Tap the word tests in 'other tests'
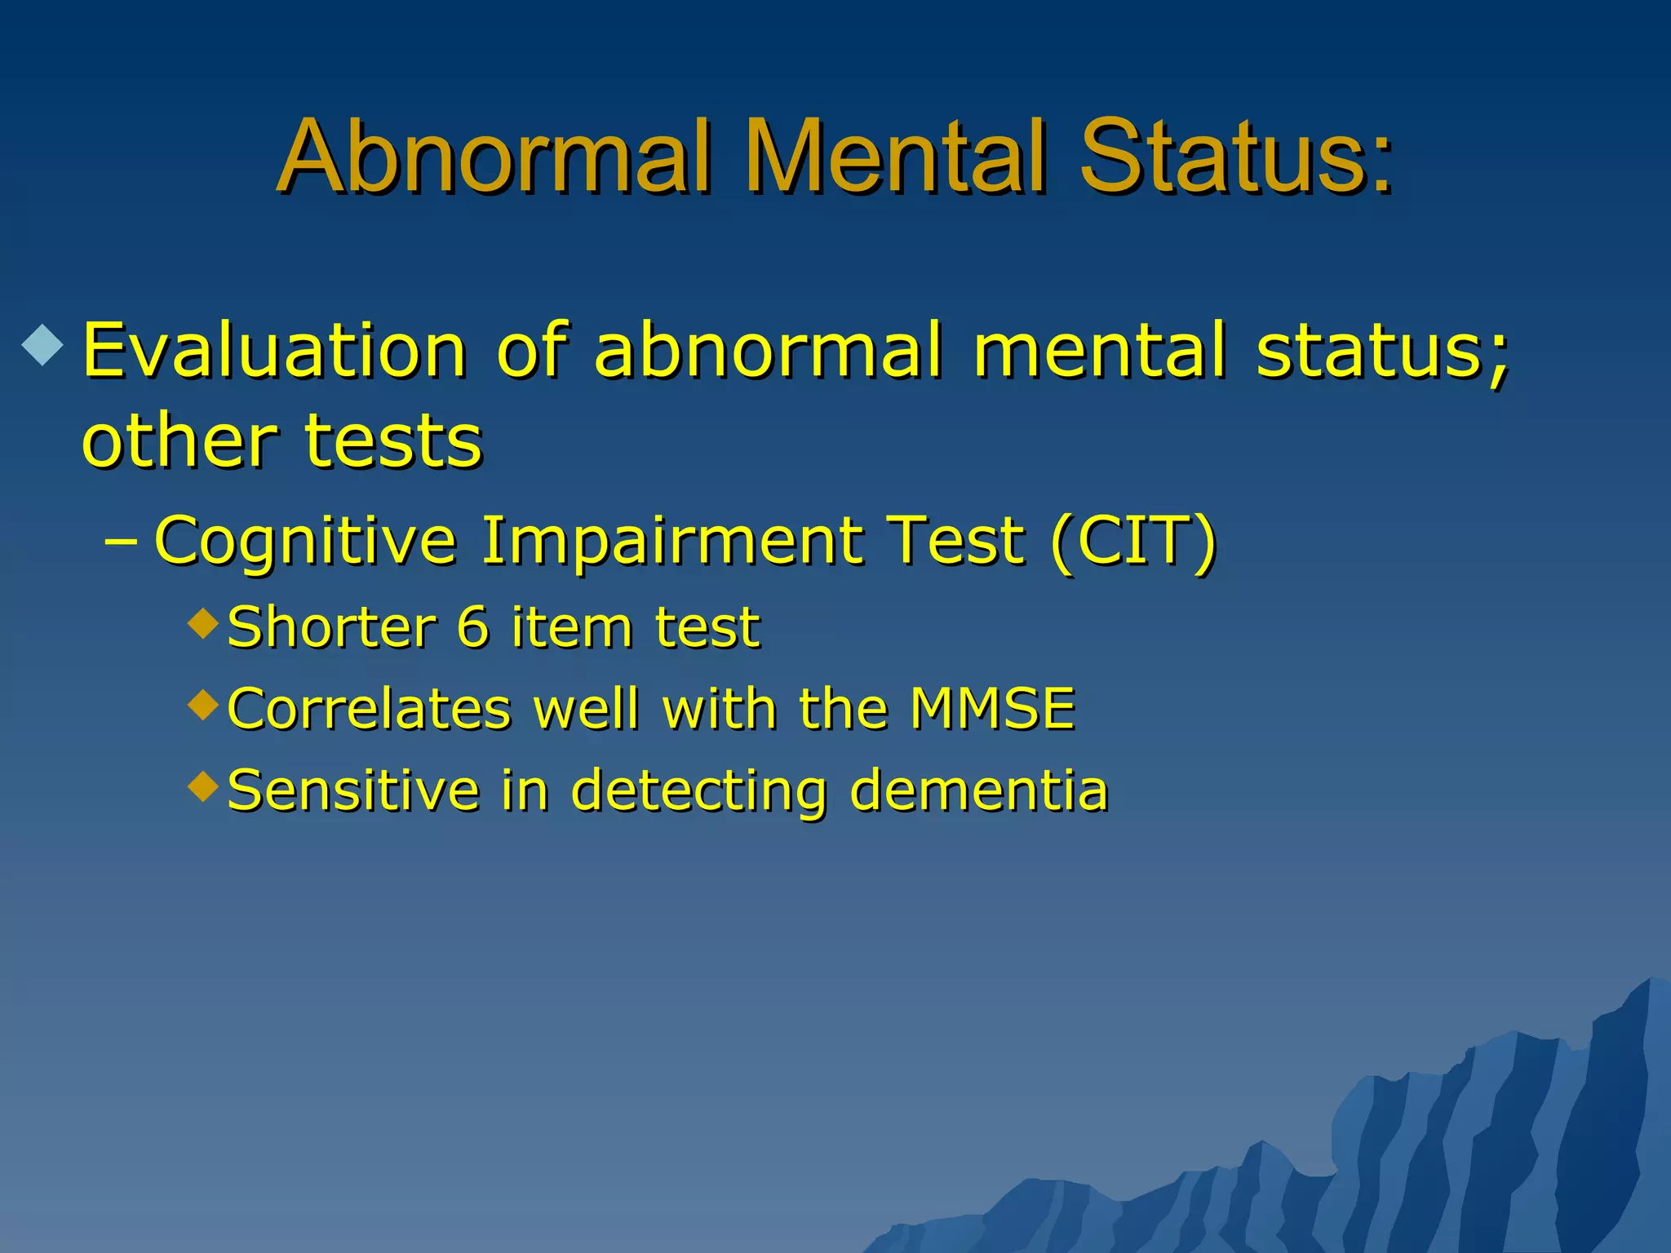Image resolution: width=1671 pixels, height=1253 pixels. click(x=394, y=442)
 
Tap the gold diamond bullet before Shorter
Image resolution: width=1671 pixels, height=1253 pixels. click(x=203, y=624)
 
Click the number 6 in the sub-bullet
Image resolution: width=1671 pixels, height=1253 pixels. click(x=472, y=627)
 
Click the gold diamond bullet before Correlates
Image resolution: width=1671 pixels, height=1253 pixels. click(x=203, y=704)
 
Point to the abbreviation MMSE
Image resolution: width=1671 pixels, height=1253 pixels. click(x=992, y=708)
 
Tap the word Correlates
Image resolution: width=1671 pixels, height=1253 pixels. click(x=369, y=708)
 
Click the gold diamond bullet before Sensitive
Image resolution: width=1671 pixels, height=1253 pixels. click(x=203, y=786)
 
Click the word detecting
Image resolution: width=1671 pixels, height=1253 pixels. click(x=698, y=791)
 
